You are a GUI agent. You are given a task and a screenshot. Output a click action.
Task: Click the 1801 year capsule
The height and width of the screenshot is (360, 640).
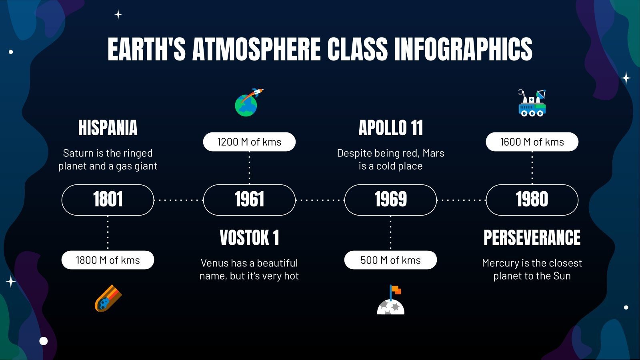[108, 200]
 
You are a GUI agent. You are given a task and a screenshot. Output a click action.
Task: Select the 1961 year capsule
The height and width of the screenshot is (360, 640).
[249, 200]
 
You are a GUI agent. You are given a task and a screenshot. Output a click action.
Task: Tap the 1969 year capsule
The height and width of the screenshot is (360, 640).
[390, 200]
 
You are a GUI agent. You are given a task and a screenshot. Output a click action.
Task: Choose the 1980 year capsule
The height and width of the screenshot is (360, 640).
[532, 200]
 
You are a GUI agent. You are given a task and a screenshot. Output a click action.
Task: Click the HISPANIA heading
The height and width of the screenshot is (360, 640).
[108, 128]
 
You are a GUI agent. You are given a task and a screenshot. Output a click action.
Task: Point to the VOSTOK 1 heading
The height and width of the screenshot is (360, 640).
[249, 238]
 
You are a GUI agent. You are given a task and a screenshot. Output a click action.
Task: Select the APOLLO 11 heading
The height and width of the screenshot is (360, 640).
[390, 128]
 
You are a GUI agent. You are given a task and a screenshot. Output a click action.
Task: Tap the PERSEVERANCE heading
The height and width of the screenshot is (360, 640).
[532, 238]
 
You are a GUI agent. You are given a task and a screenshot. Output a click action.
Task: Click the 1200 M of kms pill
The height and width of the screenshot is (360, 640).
[249, 142]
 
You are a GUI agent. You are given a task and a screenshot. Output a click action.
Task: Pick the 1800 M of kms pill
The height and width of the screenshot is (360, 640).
[108, 260]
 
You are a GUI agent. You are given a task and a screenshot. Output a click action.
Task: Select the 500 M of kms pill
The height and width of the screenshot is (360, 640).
[390, 260]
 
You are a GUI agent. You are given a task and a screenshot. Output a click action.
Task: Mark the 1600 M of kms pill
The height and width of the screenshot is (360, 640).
[532, 142]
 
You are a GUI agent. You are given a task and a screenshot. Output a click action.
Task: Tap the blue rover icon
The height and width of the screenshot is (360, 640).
[532, 104]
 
